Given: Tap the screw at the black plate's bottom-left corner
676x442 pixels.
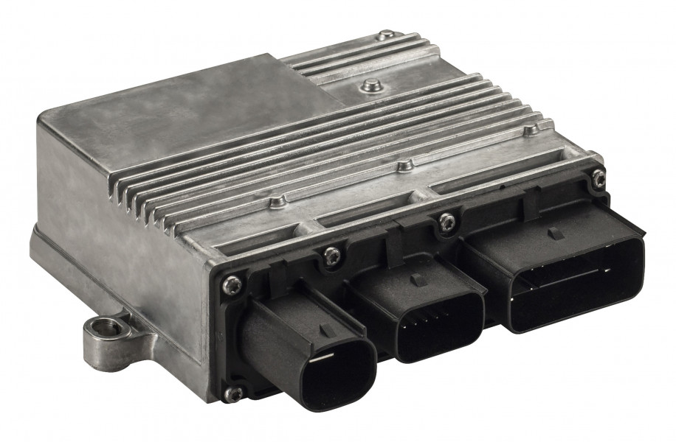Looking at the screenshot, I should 235,393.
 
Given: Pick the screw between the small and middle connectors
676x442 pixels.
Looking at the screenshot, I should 333,255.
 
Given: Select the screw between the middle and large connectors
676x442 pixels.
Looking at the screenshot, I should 446,220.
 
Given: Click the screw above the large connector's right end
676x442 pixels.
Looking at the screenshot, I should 598,177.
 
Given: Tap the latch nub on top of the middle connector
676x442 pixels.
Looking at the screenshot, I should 417,280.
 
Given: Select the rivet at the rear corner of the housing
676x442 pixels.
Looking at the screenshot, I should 386,35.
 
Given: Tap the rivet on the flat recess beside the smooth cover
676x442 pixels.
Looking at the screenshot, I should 369,86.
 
